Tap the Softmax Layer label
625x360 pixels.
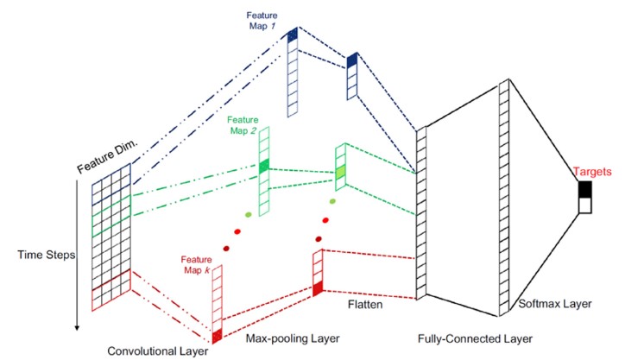click(x=548, y=305)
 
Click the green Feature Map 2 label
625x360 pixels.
click(x=243, y=124)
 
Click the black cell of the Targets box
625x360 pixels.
click(x=585, y=189)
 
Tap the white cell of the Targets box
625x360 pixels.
click(x=585, y=205)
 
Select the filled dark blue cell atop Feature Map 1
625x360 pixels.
click(x=294, y=34)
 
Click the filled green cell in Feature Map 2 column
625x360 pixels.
click(x=265, y=165)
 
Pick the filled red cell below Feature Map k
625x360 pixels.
click(x=217, y=336)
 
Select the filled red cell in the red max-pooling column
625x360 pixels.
click(x=317, y=287)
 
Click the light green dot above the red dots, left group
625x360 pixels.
click(x=249, y=213)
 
